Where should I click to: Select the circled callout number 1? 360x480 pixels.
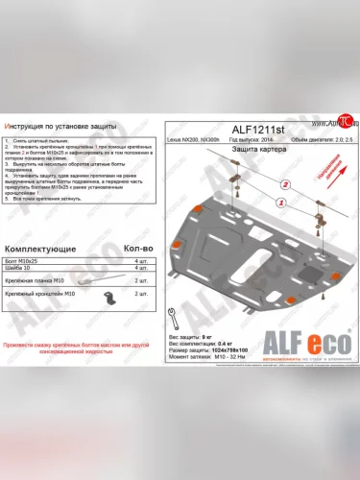coord(279,203)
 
